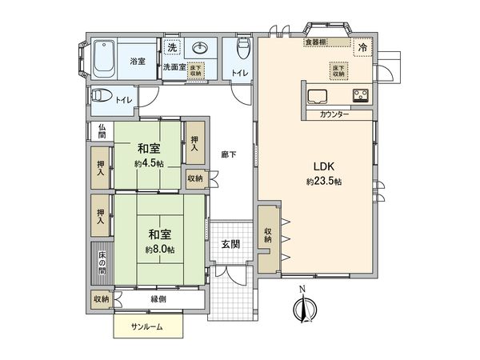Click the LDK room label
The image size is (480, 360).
pos(323,167)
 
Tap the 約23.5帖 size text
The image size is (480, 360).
pos(323,182)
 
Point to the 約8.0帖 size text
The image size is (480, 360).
pos(158,249)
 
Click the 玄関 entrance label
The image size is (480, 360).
pos(232,244)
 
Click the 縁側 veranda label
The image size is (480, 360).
pos(160,298)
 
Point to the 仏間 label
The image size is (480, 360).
pos(102,131)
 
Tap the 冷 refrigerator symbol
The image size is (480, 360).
pos(362,48)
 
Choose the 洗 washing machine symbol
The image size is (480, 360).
pos(173,46)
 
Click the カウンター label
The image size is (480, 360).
pos(334,115)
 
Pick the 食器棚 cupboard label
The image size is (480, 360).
pos(314,42)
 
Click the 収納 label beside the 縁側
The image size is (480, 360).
pos(101,298)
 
